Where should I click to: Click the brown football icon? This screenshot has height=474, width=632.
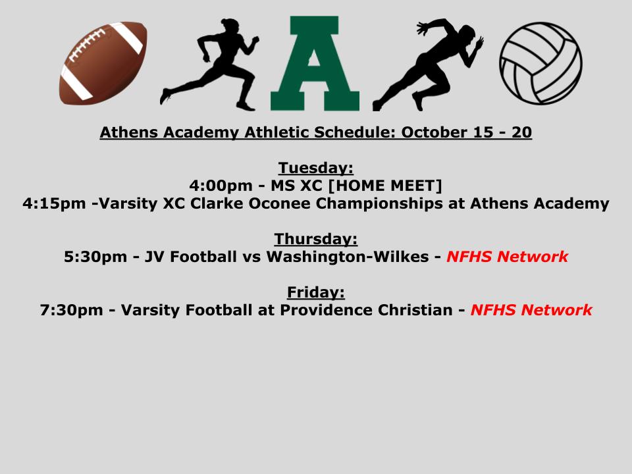(103, 63)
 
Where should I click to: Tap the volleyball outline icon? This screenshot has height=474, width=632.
(540, 63)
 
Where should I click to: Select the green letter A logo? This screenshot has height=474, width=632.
(315, 63)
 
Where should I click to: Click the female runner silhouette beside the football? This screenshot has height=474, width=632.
(209, 65)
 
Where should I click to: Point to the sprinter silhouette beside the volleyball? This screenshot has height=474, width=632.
(428, 65)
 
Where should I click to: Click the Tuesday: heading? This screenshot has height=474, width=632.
(315, 168)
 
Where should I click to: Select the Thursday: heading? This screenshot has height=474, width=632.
(315, 238)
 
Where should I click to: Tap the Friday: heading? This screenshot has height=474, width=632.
(315, 292)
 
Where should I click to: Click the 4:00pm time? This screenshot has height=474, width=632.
(221, 186)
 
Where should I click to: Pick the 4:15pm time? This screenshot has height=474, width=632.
(54, 203)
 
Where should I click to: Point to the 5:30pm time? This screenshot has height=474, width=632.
(95, 257)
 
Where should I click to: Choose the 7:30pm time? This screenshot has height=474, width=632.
(71, 310)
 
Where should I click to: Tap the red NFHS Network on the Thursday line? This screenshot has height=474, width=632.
(508, 257)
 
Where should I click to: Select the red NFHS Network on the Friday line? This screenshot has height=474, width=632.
(532, 310)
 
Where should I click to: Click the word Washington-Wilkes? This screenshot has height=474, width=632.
(348, 257)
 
